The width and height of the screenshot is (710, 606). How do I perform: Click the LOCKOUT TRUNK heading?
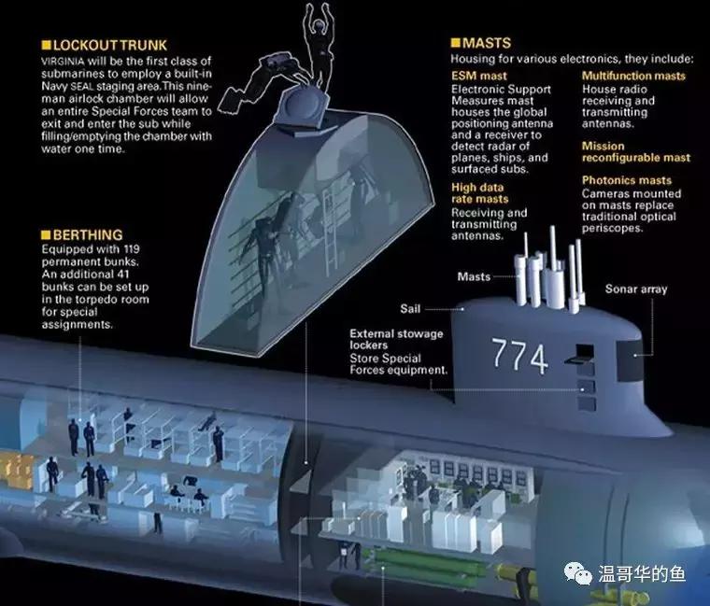coord(110,44)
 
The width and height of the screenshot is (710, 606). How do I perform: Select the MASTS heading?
coord(487,43)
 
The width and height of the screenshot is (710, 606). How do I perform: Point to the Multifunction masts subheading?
coord(633,76)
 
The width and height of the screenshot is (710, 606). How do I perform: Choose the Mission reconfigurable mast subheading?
coord(635,152)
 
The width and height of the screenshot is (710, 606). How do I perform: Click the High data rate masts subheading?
coord(479,193)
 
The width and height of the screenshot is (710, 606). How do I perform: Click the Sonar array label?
coord(635,289)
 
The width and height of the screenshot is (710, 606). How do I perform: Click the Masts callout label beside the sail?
coord(474,277)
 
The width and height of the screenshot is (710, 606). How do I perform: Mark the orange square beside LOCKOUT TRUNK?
coord(46,44)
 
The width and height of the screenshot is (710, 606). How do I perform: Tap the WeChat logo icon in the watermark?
coord(580,573)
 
